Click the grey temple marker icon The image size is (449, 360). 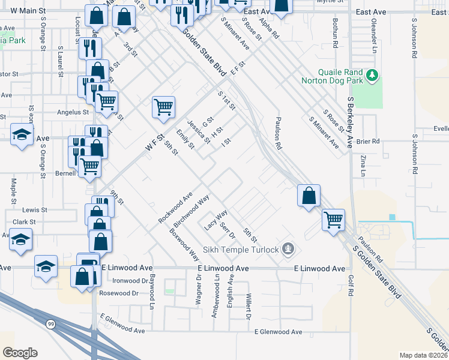coord(289,248)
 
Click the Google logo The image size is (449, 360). coord(20,353)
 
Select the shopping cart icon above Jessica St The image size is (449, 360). coord(163,108)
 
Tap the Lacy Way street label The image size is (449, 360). coord(216,220)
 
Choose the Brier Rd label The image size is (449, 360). coord(368,141)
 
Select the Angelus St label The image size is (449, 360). coord(73,112)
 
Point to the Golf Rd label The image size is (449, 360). coord(350,285)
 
